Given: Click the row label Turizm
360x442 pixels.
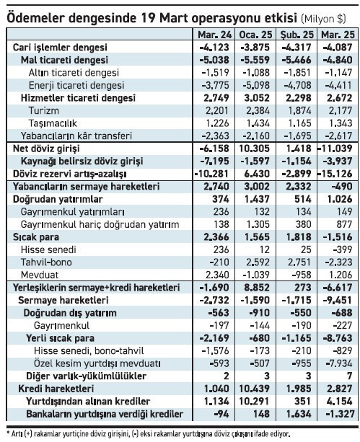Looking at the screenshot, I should tap(44, 110).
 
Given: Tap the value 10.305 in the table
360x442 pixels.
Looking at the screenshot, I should tap(258, 148).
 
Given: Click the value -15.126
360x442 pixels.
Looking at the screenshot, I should tap(336, 174).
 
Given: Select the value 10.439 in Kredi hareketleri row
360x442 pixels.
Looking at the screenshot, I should tap(258, 388).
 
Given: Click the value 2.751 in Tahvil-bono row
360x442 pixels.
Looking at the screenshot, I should tap(298, 262).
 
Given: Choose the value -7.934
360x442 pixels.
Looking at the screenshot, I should tap(338, 363).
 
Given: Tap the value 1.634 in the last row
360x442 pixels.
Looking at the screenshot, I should tap(298, 413).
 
